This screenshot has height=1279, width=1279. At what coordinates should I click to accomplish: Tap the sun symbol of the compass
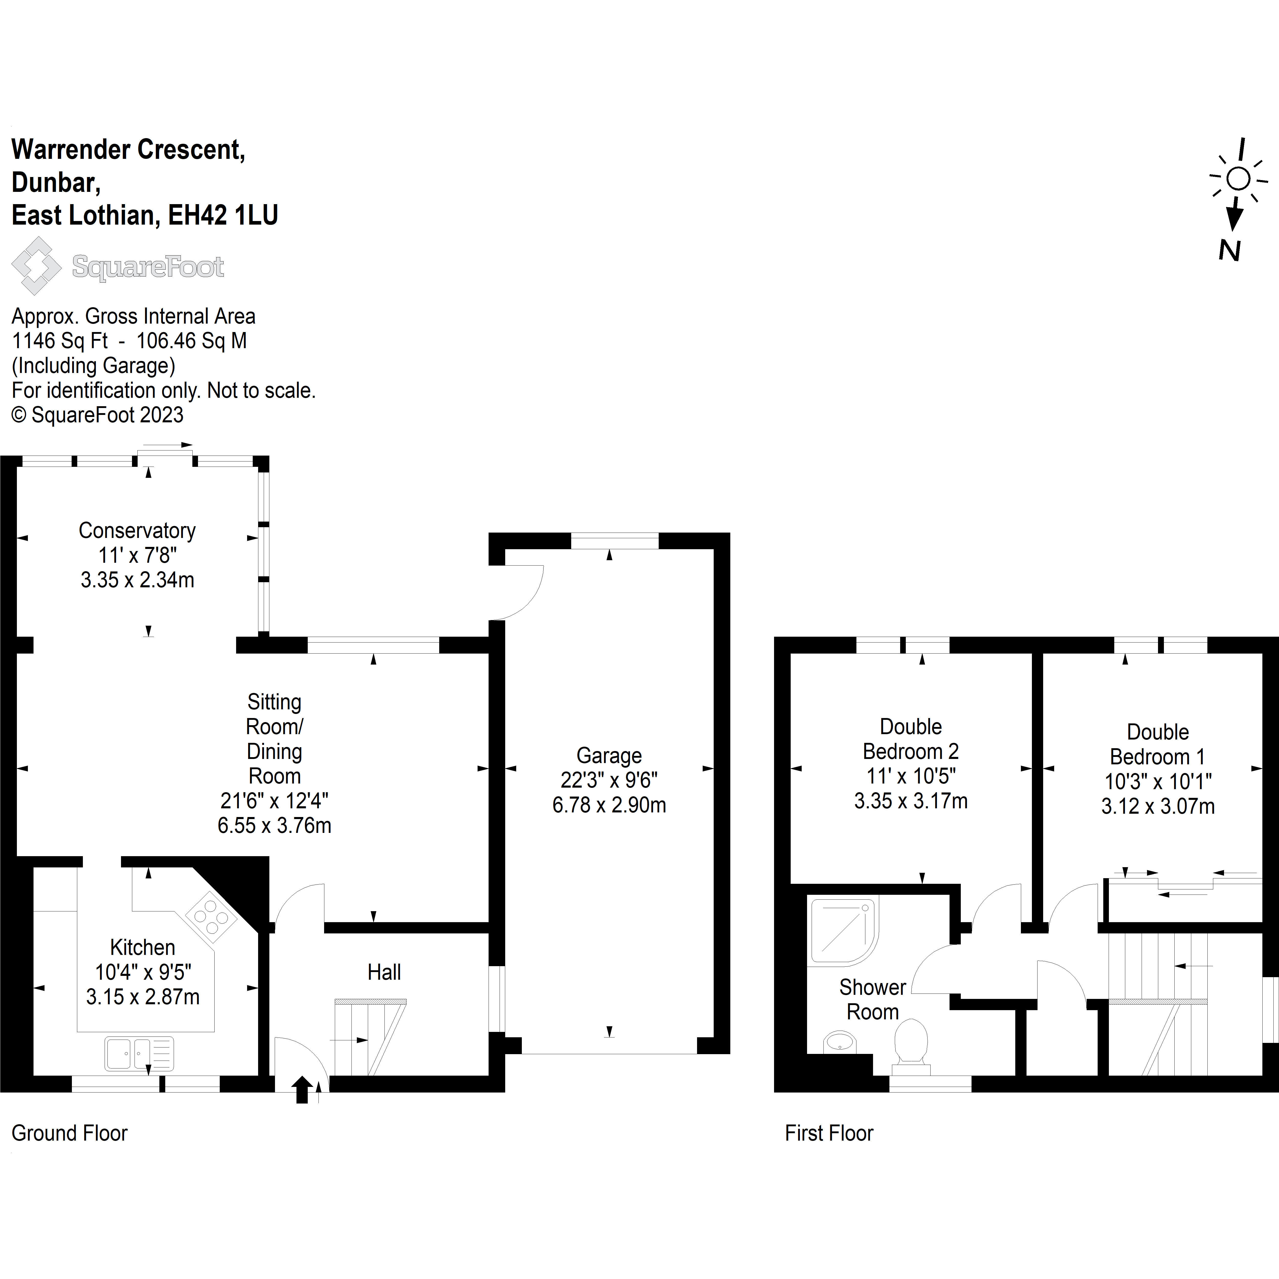[1238, 179]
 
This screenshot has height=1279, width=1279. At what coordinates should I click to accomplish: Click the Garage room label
[609, 755]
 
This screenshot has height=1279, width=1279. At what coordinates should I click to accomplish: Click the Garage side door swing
[520, 590]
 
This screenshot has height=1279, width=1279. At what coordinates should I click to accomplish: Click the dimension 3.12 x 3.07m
[1158, 806]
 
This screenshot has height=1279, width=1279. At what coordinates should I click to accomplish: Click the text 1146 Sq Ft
[60, 341]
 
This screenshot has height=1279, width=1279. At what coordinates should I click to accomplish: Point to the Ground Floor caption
[70, 1133]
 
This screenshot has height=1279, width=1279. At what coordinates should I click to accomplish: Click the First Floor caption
[829, 1133]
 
